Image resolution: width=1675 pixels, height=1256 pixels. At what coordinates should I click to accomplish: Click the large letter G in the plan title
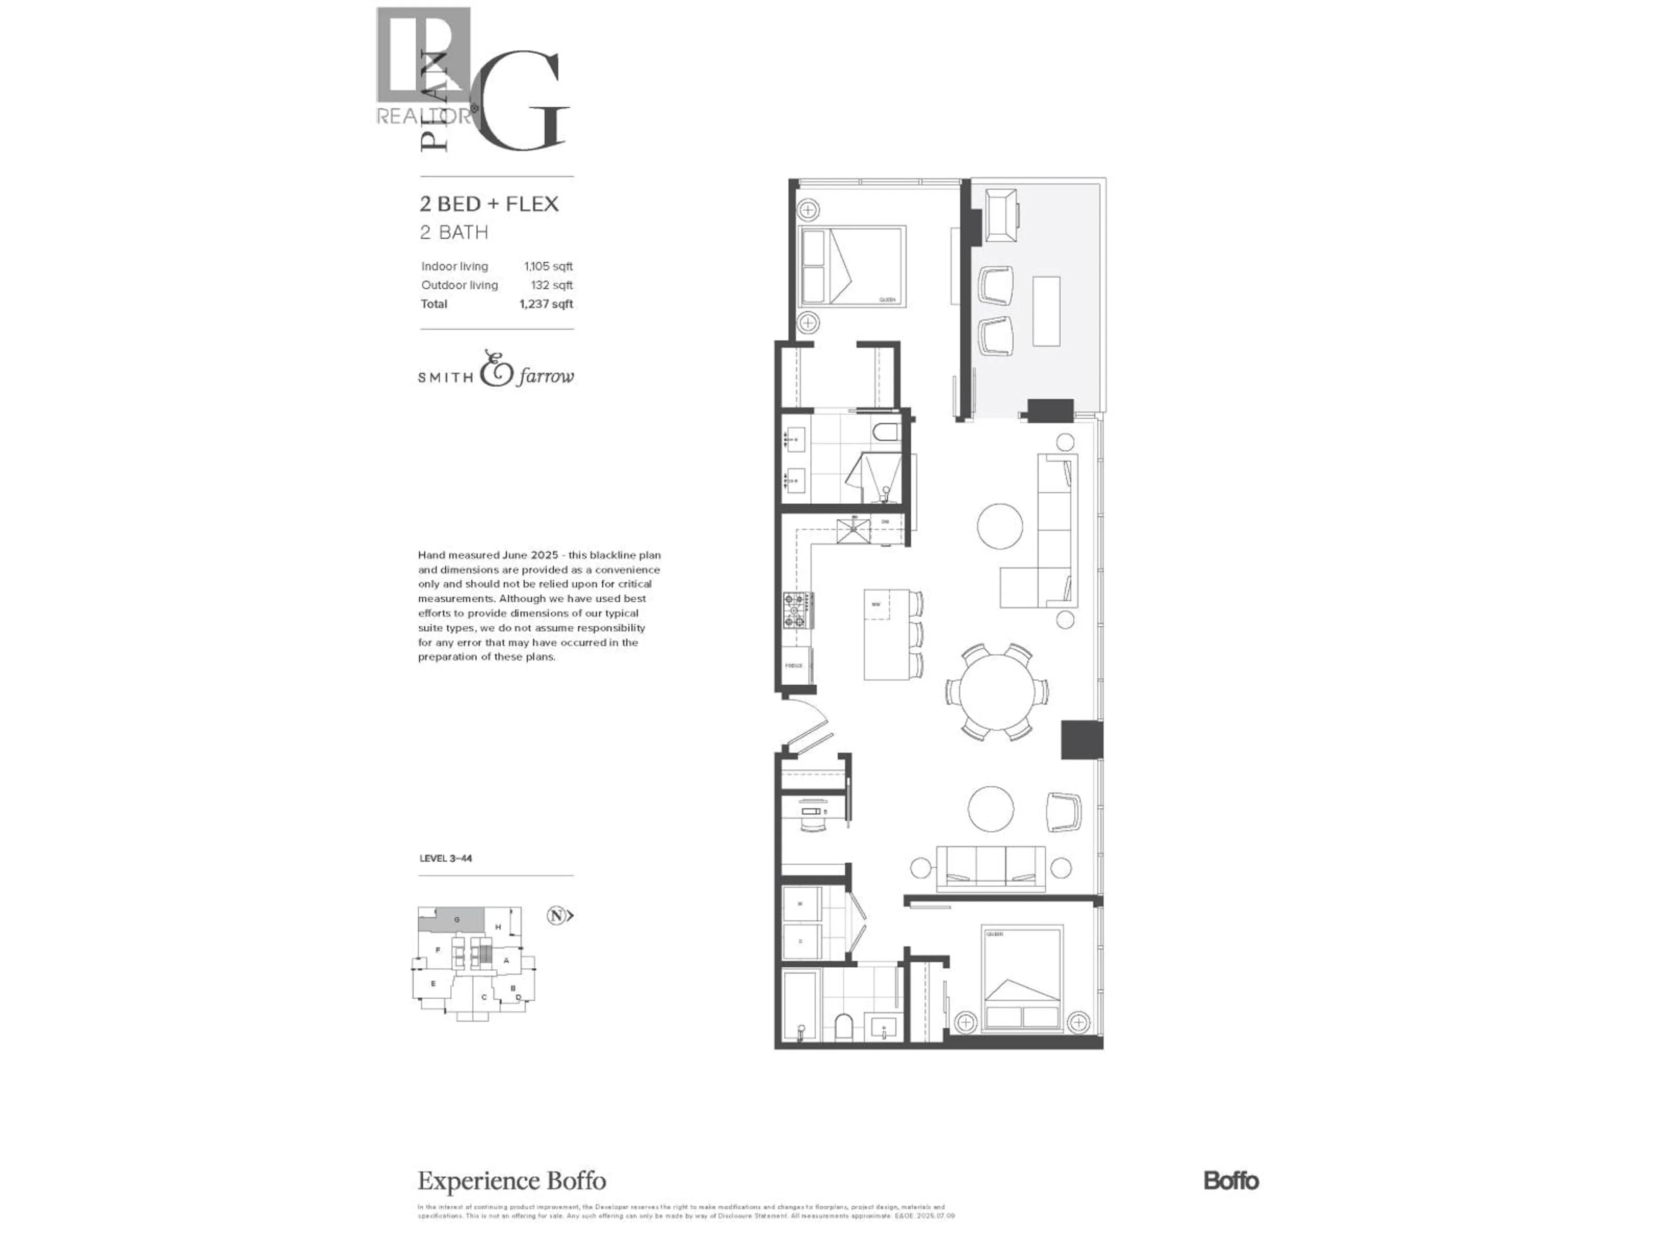tap(523, 102)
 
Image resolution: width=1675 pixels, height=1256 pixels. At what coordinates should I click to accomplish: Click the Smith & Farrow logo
tap(496, 369)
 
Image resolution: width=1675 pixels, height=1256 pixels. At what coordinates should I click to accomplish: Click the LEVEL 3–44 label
tap(445, 859)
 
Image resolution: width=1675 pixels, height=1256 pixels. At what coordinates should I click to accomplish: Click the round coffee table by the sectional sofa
tap(1000, 526)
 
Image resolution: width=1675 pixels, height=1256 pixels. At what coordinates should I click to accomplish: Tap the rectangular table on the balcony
tap(1046, 311)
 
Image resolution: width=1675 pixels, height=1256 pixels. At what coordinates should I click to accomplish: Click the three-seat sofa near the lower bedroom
tap(991, 867)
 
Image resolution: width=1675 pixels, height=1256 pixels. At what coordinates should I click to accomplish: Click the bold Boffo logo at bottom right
tap(1231, 1181)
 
